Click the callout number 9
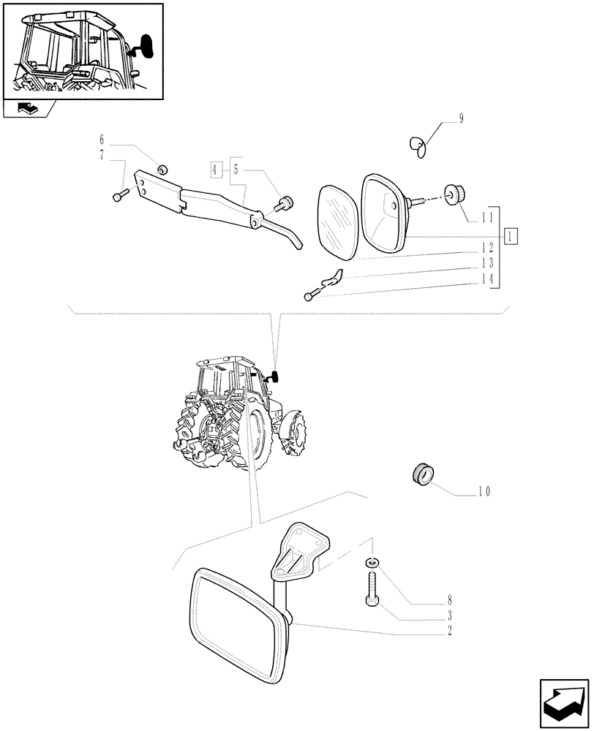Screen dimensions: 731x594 461,118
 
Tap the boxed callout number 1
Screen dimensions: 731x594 511,235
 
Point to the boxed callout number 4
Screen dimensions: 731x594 214,170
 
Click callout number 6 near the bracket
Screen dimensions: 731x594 102,140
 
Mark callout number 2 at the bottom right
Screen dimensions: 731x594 450,629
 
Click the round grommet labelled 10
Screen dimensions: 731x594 423,473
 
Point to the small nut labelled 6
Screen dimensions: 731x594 162,170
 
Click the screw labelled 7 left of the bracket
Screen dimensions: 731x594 121,194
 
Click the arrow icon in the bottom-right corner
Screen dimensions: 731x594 563,702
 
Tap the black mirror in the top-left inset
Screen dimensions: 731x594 147,46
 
